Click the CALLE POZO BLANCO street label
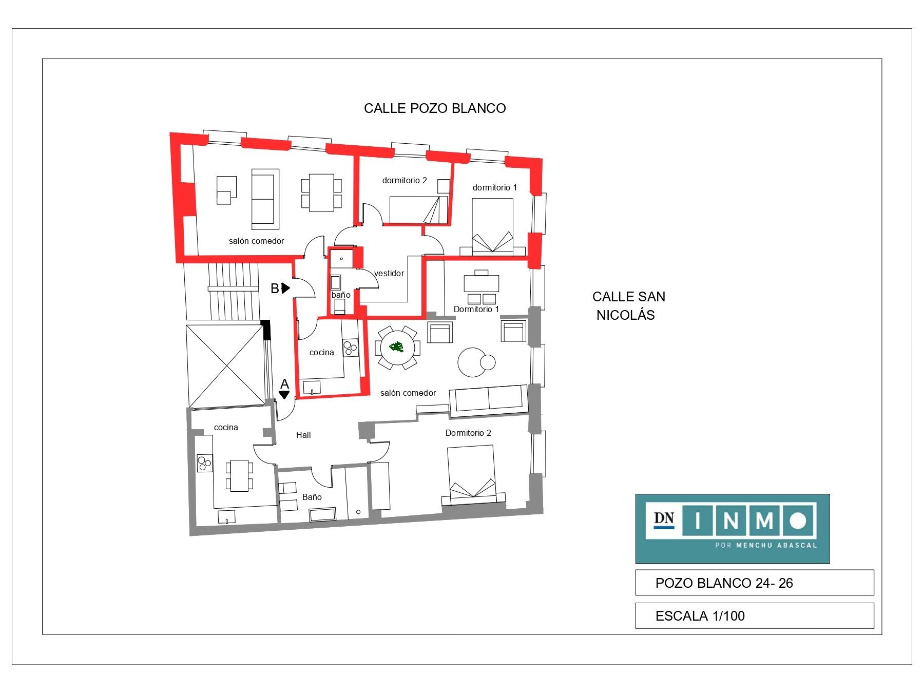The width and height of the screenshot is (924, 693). point(435,108)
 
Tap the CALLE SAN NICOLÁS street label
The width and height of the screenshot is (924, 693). point(628,305)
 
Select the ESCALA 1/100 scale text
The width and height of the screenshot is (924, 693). point(700,616)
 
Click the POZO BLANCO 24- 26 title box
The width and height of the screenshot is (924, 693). point(754,583)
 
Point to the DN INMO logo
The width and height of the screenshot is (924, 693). point(733,529)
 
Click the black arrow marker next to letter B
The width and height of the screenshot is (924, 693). point(286,288)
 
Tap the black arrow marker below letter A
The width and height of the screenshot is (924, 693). point(284,395)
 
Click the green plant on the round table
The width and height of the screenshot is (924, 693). point(396,347)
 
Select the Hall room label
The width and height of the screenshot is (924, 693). point(303,435)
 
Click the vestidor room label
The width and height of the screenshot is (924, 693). point(389,273)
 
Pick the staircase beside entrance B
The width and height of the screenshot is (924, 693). point(233,292)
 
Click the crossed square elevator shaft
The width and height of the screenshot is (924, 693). point(225,365)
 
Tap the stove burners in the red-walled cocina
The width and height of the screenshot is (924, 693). point(351,348)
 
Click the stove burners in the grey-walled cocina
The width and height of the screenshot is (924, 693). point(205,464)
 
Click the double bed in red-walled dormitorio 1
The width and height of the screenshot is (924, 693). point(492,226)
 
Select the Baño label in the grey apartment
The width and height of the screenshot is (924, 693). point(312,497)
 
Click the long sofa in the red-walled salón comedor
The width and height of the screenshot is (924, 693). point(265,199)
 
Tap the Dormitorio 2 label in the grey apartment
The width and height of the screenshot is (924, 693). point(468,433)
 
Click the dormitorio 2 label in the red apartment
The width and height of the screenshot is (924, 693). point(405,181)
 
